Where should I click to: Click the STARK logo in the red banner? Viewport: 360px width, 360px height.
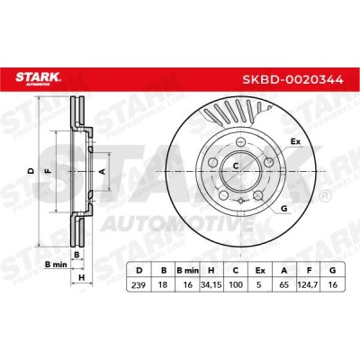tap(38, 79)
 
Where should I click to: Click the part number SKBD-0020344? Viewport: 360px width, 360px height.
tap(292, 80)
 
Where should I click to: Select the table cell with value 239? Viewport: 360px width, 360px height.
tap(139, 284)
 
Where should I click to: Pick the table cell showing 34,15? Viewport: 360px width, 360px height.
tap(211, 284)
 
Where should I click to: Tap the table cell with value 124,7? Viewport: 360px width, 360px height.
tap(309, 284)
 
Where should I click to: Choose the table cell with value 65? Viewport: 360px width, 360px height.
tap(284, 284)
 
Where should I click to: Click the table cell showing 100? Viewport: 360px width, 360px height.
tap(236, 284)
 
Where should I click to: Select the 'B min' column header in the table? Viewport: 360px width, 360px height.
tap(187, 270)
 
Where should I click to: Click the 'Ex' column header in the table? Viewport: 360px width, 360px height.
tap(260, 270)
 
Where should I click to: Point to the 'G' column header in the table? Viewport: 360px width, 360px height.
tap(332, 270)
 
